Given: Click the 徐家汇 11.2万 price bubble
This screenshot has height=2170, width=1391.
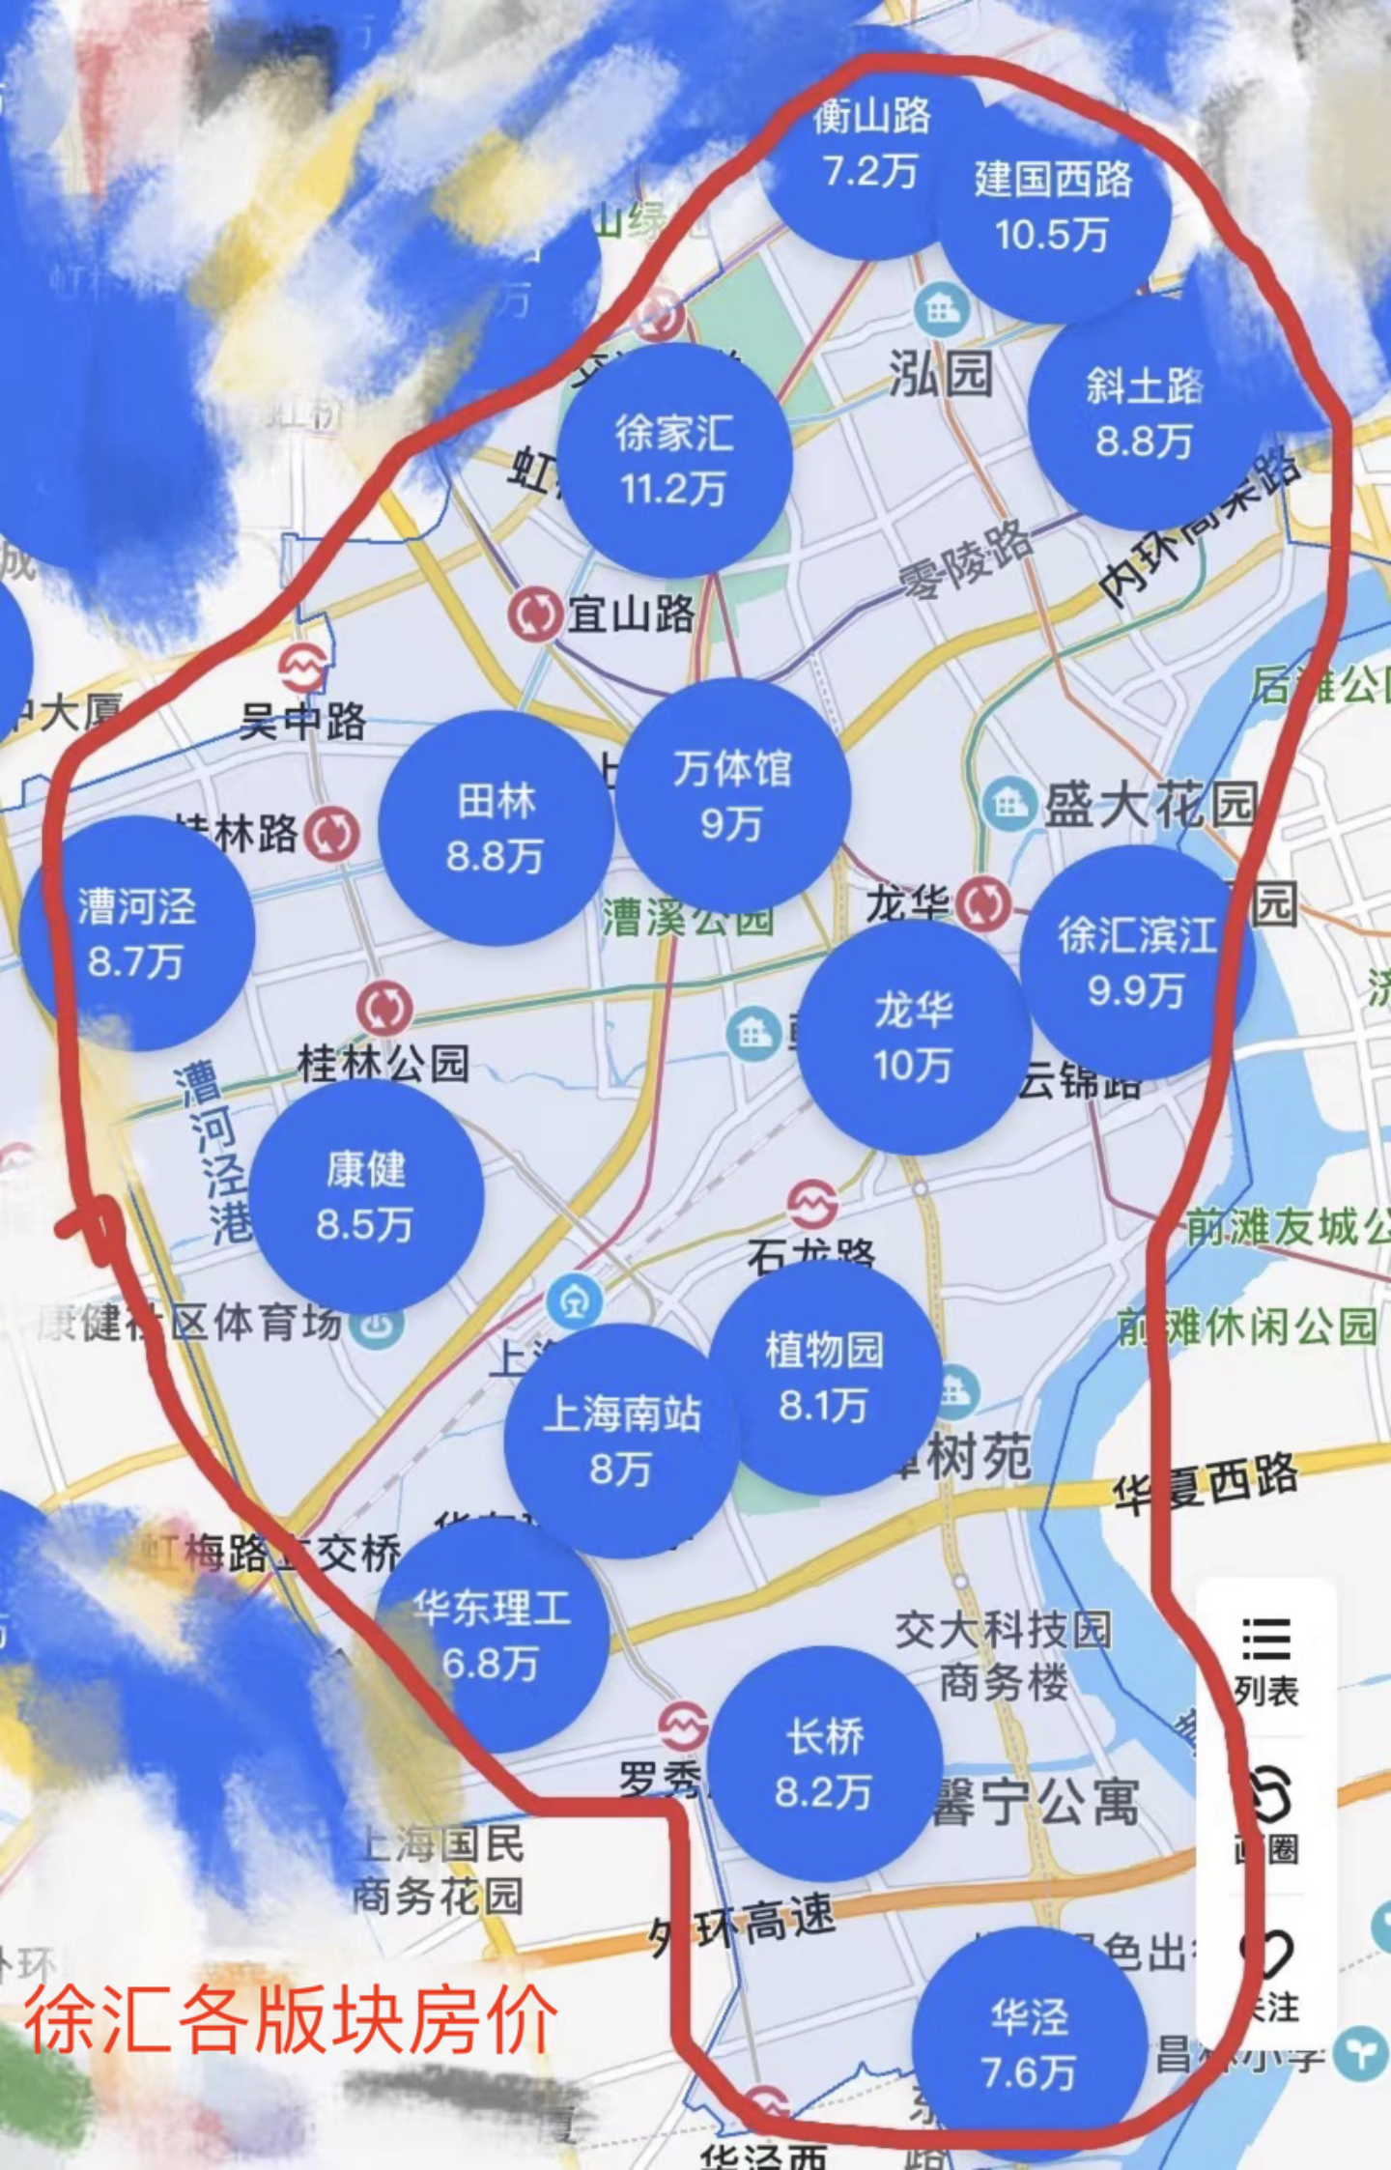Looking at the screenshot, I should [x=674, y=461].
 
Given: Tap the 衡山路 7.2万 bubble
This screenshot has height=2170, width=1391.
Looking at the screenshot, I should [x=871, y=145].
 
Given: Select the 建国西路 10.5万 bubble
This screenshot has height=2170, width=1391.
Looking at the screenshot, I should [x=1053, y=207].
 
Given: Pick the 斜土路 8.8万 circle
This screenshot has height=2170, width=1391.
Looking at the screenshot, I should [x=1145, y=414].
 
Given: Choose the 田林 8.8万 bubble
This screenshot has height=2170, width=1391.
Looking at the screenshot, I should [x=496, y=828].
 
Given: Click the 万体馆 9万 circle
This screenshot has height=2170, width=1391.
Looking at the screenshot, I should [x=732, y=795].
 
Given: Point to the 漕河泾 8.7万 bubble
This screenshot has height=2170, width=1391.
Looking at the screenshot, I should [x=137, y=933].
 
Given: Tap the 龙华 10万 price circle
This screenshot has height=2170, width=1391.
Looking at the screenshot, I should [x=914, y=1037].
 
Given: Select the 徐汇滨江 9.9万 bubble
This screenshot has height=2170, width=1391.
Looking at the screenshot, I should [x=1137, y=962].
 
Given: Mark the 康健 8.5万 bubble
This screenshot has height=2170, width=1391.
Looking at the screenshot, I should [x=365, y=1196].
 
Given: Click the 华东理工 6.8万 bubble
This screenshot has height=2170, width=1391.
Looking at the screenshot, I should [x=492, y=1636].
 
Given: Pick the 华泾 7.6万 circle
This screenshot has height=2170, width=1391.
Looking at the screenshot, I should [x=1030, y=2043].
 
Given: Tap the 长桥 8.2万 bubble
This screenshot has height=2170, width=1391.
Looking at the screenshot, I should [x=824, y=1764].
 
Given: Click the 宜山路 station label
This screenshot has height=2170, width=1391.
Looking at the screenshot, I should [x=631, y=614].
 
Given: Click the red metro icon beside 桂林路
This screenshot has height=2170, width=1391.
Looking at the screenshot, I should [x=331, y=834].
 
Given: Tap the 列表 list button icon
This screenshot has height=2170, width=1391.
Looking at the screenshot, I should [x=1266, y=1640].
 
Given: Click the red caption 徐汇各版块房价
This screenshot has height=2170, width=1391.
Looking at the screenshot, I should [x=291, y=2019].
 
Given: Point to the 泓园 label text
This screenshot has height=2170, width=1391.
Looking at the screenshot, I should [x=941, y=373].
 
